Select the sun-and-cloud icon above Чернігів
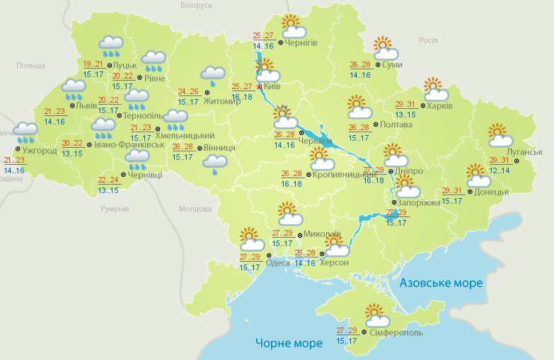(x=292, y=27)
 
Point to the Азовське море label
(x=441, y=283)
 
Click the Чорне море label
(x=289, y=343)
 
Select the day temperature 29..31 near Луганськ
(x=498, y=160)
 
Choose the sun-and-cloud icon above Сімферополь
(x=374, y=314)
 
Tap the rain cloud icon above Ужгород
(x=26, y=129)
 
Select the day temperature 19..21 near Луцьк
(x=93, y=63)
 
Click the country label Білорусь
(x=196, y=5)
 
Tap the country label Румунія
(x=115, y=209)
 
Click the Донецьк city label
(x=492, y=192)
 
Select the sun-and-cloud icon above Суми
(x=385, y=48)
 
